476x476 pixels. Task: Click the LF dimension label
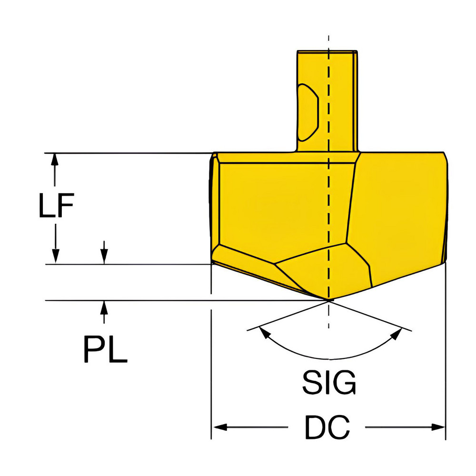click(x=56, y=208)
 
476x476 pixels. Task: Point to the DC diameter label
click(x=327, y=427)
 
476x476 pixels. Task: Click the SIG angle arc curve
click(x=328, y=358)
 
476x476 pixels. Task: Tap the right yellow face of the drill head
click(x=400, y=205)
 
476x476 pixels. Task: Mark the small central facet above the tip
click(x=324, y=271)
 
